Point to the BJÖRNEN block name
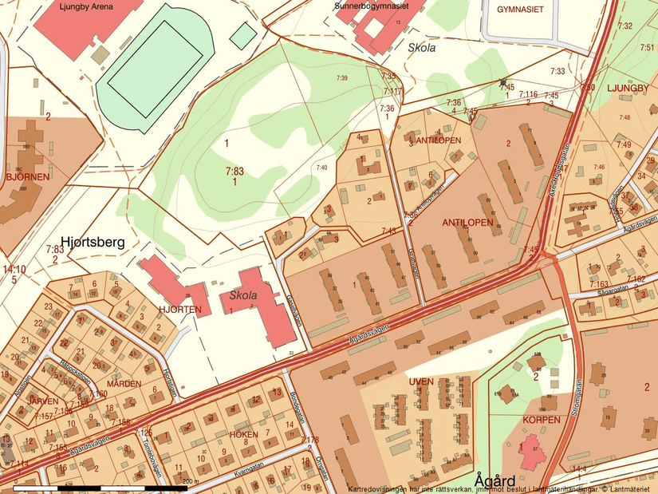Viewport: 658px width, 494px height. [26, 176]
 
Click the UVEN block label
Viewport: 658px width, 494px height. [420, 381]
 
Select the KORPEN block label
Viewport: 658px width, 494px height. [537, 419]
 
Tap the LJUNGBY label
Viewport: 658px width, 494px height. [629, 87]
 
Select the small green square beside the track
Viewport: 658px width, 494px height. [243, 35]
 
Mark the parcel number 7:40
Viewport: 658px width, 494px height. [321, 167]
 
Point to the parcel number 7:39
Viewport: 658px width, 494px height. [341, 77]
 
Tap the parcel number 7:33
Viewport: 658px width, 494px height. [557, 71]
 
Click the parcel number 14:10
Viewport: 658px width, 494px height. [14, 270]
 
